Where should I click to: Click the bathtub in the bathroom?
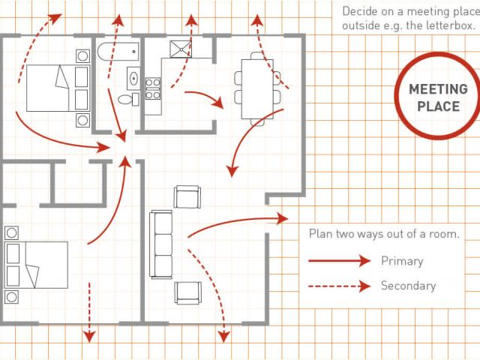coord(118,52)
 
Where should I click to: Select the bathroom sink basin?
coord(133,78)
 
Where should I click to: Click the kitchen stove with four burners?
coord(152,88)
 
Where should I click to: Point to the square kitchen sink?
coord(181,49)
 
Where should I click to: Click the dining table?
coord(257,89)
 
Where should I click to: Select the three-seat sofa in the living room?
coord(160,244)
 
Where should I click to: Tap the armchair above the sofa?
coord(187,196)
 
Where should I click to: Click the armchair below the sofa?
coord(188,292)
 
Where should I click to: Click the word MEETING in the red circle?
coord(438,89)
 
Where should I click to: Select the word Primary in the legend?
coord(402,262)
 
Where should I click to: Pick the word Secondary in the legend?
coord(408,286)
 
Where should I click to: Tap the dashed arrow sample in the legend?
coord(340,286)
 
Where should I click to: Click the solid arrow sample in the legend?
coord(340,261)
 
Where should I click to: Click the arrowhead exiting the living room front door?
coord(282,218)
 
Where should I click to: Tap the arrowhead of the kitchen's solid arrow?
coord(218,103)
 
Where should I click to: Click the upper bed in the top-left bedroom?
coord(58,88)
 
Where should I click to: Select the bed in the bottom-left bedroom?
coord(36,265)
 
